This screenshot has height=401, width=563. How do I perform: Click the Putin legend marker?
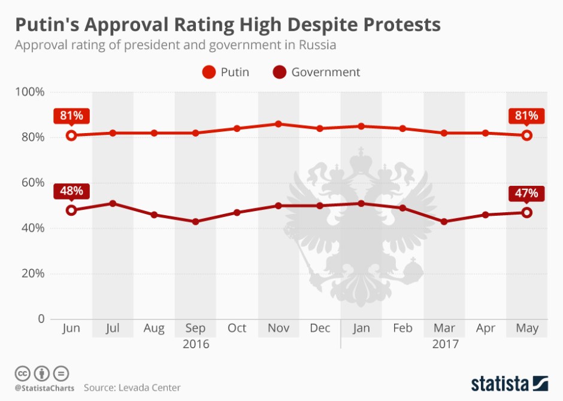(208, 73)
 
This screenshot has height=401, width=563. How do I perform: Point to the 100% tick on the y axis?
(30, 92)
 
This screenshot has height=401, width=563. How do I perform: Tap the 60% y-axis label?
(32, 183)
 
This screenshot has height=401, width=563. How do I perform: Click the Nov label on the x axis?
(279, 328)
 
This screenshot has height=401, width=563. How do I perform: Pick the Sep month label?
(195, 328)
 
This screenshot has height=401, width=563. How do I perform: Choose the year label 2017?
(444, 345)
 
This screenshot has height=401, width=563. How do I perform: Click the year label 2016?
(195, 345)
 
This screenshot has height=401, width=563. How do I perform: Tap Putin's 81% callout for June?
(71, 116)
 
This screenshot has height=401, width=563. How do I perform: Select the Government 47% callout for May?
(527, 194)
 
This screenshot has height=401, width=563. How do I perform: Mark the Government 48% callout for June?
(71, 191)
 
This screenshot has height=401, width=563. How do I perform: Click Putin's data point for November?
(279, 124)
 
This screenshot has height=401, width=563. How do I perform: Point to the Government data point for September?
(195, 222)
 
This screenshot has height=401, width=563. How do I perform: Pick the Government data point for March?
(444, 222)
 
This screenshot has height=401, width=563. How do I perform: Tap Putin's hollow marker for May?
(527, 135)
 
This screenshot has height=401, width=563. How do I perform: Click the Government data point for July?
(113, 204)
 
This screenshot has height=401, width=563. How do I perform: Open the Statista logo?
(509, 383)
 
